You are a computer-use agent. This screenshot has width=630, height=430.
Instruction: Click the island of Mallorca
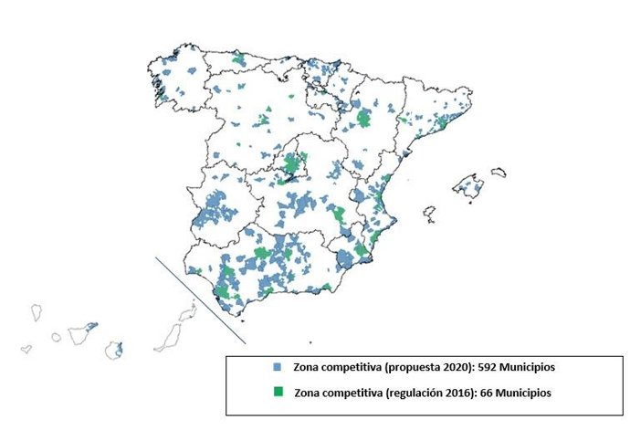[472, 186]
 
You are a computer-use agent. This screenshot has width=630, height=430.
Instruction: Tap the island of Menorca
[499, 171]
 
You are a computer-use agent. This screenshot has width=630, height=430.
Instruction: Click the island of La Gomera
[56, 337]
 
